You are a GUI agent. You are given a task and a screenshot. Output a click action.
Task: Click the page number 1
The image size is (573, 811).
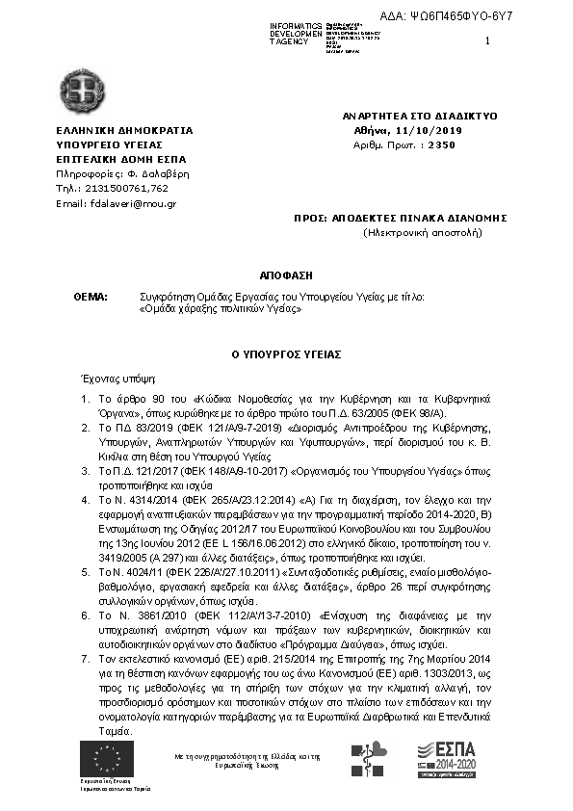point(488,40)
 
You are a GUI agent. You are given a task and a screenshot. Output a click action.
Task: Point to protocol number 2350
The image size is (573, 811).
point(441,144)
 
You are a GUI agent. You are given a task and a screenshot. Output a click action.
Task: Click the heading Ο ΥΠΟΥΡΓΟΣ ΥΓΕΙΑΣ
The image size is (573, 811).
point(286,354)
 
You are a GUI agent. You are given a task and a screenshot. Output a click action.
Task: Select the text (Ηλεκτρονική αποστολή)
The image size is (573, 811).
point(422,232)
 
